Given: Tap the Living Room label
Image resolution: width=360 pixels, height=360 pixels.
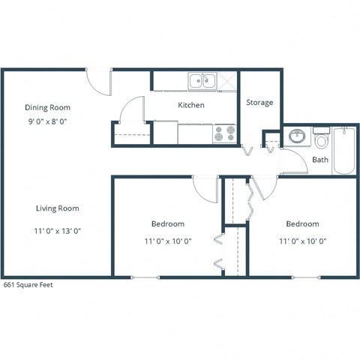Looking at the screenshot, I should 58,208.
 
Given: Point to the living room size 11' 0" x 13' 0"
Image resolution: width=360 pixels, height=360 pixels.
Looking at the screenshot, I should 58,232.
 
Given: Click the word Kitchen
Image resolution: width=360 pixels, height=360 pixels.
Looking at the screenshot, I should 190,105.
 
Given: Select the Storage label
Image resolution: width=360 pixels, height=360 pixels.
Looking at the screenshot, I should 259,102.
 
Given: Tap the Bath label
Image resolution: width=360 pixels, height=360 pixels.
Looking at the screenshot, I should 320,160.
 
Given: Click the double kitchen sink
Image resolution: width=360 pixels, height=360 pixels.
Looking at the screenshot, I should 202,80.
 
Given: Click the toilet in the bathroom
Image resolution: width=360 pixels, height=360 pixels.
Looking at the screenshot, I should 322,140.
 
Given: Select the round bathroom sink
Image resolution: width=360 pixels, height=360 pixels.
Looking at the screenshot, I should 296,137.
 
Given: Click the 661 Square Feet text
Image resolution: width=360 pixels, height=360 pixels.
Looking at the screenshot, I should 28,285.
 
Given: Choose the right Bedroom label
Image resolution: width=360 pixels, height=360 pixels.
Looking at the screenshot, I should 302,223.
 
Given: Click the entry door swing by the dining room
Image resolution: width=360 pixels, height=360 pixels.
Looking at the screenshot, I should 99,81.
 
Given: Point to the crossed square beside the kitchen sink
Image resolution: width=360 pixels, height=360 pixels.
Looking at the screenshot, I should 228,80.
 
